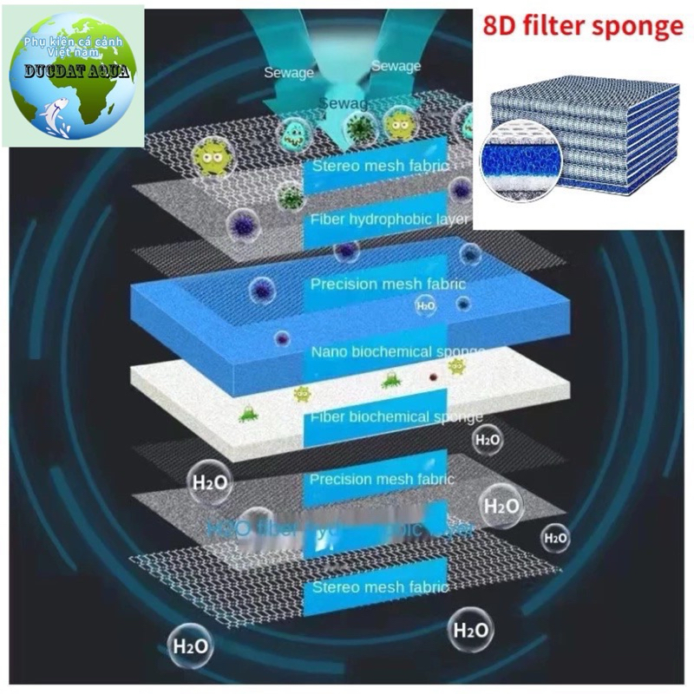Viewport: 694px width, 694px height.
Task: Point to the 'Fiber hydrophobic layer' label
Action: tap(390, 219)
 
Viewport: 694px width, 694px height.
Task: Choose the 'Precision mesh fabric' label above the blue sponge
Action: tap(388, 284)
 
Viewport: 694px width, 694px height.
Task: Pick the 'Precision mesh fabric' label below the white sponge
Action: tap(382, 479)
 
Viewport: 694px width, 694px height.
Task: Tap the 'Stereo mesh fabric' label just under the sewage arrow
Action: tap(381, 166)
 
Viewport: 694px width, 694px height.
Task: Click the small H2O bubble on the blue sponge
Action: tap(426, 306)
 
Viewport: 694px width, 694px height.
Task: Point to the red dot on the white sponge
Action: tap(431, 377)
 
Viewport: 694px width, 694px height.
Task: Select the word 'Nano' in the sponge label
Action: tap(330, 351)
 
